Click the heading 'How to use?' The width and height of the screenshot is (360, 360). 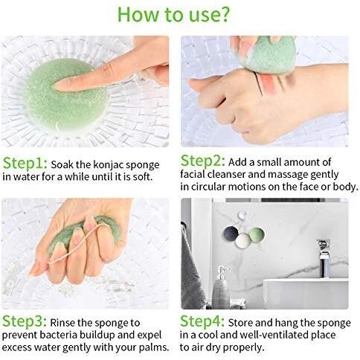tap(173, 14)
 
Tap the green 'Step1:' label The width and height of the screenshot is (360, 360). tap(25, 164)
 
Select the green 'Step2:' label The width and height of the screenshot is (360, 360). tap(203, 161)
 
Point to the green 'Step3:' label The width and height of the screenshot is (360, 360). tap(25, 321)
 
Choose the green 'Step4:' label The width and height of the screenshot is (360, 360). tap(202, 321)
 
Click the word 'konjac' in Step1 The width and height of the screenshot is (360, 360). tap(109, 165)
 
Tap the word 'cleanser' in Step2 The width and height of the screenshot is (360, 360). tap(227, 174)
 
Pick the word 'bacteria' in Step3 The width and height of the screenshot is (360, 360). tap(58, 335)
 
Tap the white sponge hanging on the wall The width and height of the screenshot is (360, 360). tap(243, 240)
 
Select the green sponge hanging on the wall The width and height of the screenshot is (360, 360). tap(257, 234)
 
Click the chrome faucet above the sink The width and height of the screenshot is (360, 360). tap(324, 258)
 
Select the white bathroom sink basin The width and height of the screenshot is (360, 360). tap(306, 294)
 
